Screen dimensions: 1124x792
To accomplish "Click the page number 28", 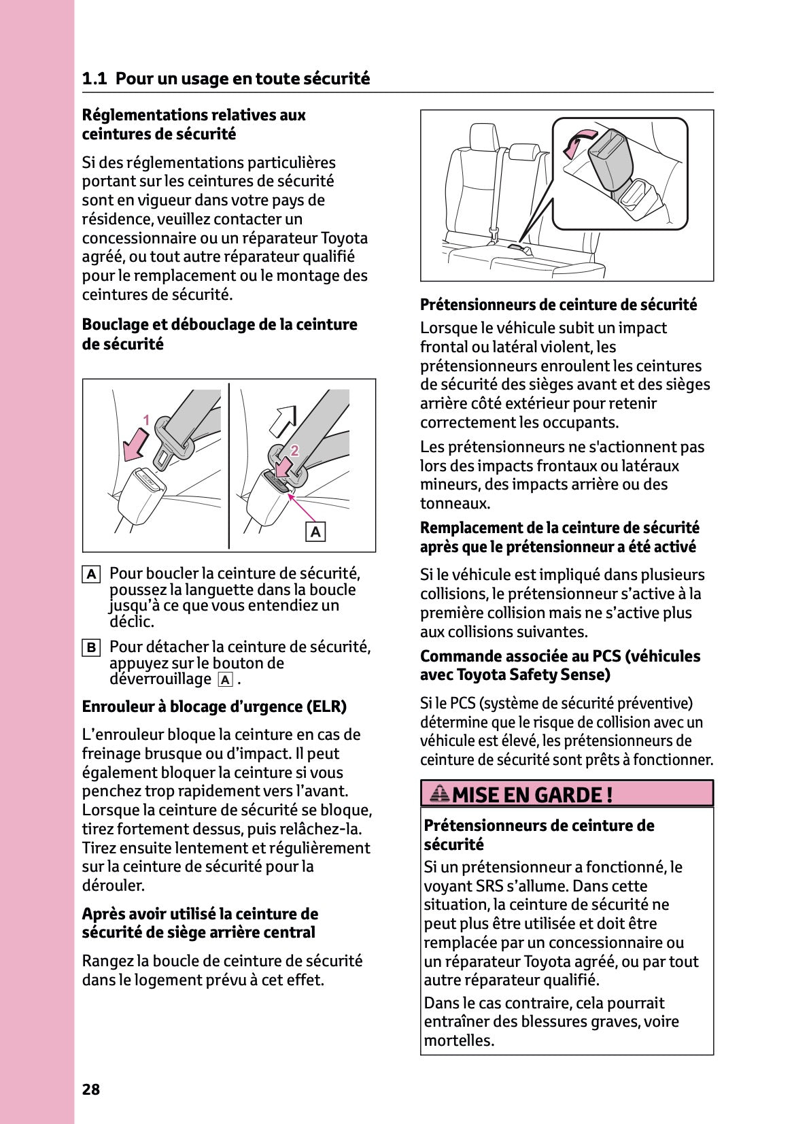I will point(90,1089).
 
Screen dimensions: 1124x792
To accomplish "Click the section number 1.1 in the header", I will point(94,79).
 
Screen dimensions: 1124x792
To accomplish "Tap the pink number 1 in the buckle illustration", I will point(145,420).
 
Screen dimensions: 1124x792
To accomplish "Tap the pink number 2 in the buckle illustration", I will point(294,450).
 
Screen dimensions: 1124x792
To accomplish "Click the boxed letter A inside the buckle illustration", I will point(315,532).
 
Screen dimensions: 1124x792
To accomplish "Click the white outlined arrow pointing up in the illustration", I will point(283,420).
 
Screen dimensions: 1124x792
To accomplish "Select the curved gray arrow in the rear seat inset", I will point(574,143).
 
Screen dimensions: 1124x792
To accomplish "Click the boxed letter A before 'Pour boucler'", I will point(91,575).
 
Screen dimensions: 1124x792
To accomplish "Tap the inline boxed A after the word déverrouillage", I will point(225,680).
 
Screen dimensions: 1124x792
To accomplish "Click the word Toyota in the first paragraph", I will point(344,238).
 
